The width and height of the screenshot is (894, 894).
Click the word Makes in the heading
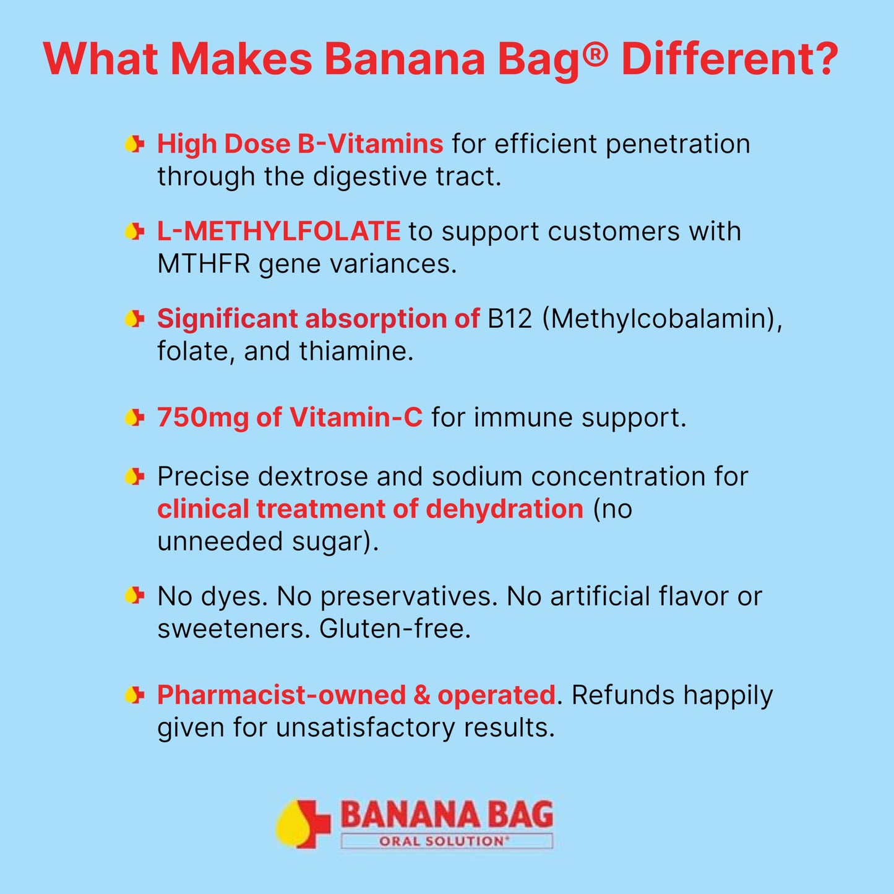pos(241,59)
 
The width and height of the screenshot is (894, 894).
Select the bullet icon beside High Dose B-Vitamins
pos(134,145)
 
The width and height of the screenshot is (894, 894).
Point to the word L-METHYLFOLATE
pos(278,231)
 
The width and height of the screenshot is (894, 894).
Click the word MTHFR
pos(204,264)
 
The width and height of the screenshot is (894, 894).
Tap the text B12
pos(510,319)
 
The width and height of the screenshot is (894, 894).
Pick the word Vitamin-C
pos(356,418)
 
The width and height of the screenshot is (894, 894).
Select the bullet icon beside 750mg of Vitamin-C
pos(134,418)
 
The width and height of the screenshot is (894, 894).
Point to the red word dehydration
pos(504,509)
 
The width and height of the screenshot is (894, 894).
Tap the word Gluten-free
pos(395,629)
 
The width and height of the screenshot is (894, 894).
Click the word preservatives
pos(409,597)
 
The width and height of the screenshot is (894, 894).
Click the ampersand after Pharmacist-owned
pos(421,695)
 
